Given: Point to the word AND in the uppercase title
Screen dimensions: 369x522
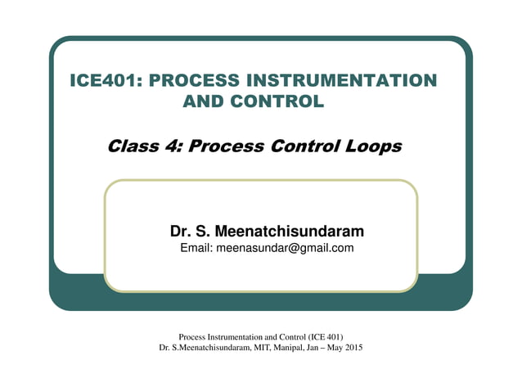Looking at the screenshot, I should pos(205,102).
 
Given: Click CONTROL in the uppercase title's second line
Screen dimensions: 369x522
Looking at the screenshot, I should pos(281,102).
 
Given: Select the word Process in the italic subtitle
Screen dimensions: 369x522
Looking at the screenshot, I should pos(231,146).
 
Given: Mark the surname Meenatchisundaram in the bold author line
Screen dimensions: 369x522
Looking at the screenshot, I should pos(288,232).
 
